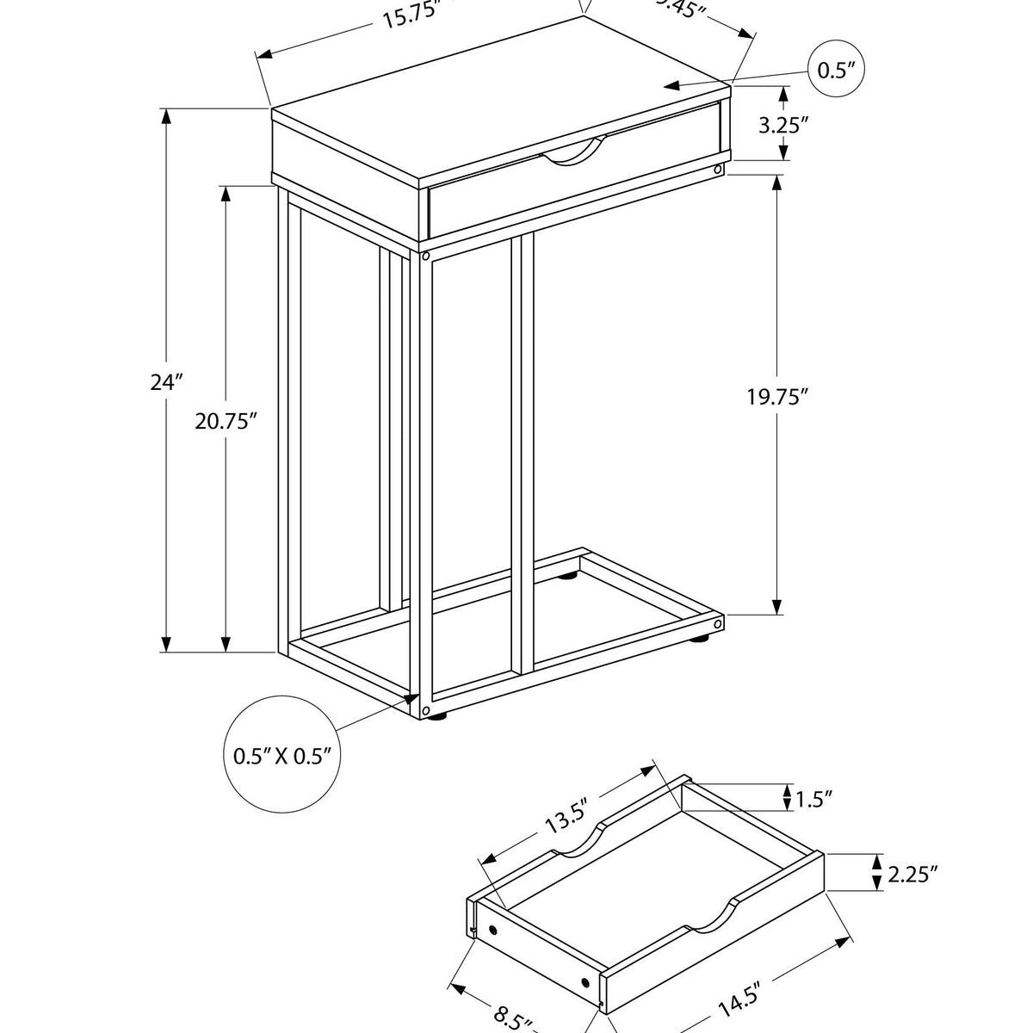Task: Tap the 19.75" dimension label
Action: [777, 397]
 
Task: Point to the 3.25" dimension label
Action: [783, 125]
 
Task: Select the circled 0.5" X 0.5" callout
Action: [282, 757]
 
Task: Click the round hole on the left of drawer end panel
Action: [493, 931]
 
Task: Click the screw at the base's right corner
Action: [718, 622]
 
